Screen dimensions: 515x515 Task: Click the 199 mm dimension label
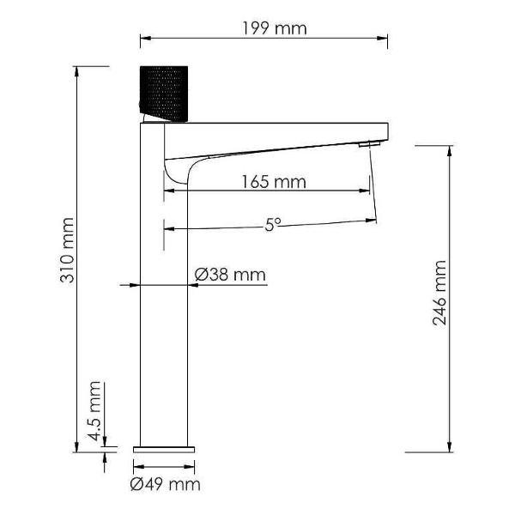(275, 28)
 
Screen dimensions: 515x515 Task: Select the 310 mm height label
(68, 251)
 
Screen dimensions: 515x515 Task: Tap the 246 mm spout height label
(439, 293)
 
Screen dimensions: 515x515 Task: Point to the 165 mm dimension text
(274, 182)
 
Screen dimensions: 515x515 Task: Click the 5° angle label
(273, 225)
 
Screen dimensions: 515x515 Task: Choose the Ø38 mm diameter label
(230, 275)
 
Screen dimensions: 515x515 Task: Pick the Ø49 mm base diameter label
(165, 484)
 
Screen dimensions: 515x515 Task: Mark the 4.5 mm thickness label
(94, 411)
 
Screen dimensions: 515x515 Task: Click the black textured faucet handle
(164, 94)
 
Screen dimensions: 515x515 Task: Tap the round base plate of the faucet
(164, 450)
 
